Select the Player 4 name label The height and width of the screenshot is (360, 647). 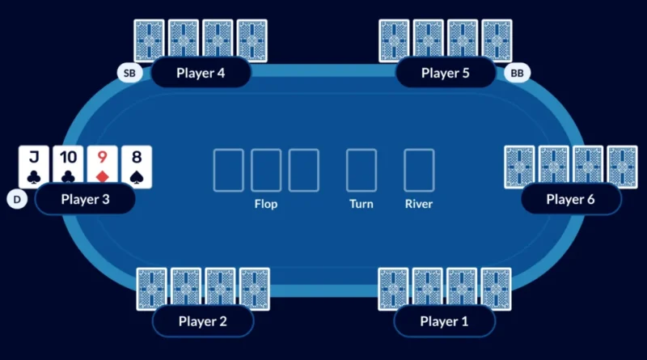[x=201, y=72]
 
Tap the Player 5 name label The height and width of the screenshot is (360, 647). [x=445, y=73]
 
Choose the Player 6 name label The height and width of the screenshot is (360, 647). [x=570, y=199]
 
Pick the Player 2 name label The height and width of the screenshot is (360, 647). [x=202, y=321]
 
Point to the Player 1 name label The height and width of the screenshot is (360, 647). [x=444, y=321]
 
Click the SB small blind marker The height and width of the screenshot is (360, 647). [x=129, y=74]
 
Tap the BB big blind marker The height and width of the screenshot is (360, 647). [x=517, y=74]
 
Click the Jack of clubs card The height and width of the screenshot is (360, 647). [x=34, y=166]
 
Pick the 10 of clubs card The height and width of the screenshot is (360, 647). [x=68, y=166]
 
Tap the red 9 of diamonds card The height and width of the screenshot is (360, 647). [x=102, y=166]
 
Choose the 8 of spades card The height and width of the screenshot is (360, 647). [x=136, y=166]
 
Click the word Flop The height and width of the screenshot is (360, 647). [x=265, y=204]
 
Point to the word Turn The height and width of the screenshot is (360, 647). [x=361, y=204]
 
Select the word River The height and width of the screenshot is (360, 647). [x=419, y=204]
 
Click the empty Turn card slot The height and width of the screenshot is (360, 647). [x=361, y=170]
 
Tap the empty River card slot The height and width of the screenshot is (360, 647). [x=419, y=170]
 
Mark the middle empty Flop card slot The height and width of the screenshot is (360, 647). [x=266, y=170]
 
